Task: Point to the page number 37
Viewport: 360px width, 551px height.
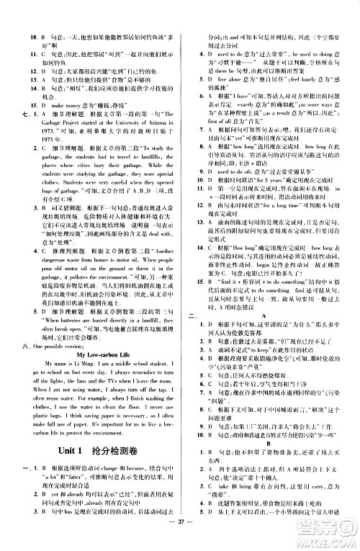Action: click(179, 542)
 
